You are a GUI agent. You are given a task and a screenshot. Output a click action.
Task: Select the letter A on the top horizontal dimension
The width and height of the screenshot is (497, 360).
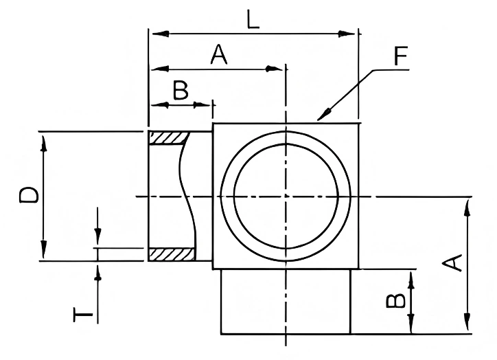[218, 54]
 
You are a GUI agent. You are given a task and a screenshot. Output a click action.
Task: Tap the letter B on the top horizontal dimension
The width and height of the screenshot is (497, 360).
[180, 91]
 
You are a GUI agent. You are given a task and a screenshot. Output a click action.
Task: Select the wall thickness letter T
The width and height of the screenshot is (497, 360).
[82, 315]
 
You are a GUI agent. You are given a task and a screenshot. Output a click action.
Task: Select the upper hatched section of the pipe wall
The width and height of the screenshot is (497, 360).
[169, 138]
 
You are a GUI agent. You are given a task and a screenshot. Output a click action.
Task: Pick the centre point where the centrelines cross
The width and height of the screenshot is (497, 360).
[286, 196]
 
